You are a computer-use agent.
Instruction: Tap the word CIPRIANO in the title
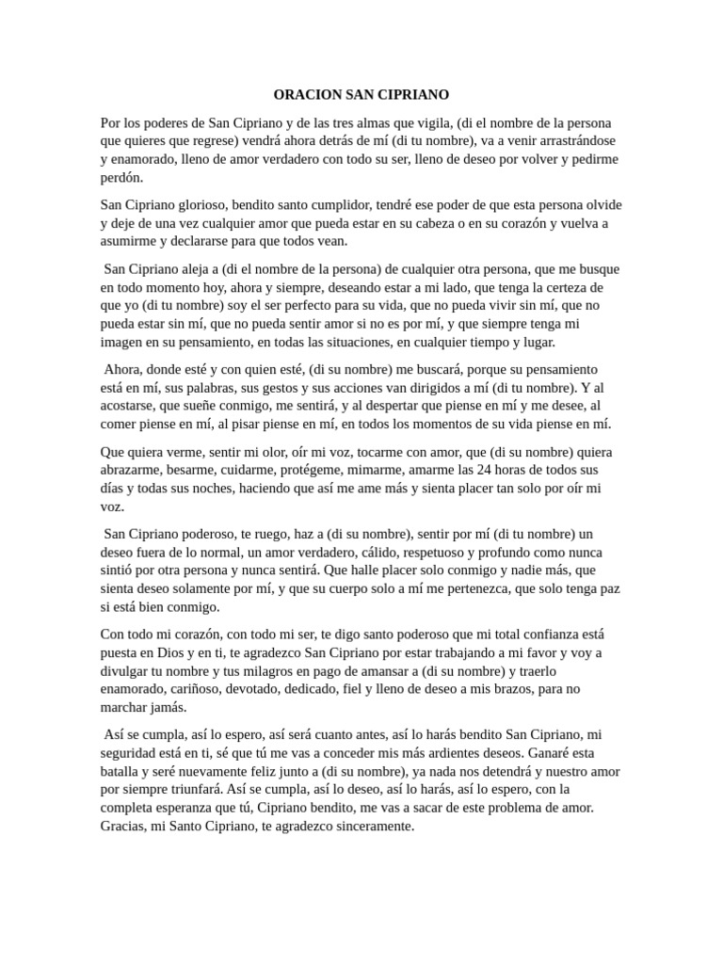[x=414, y=95]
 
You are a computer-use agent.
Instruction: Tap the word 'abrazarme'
[x=133, y=469]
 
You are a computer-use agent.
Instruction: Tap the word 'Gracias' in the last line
[x=123, y=826]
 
